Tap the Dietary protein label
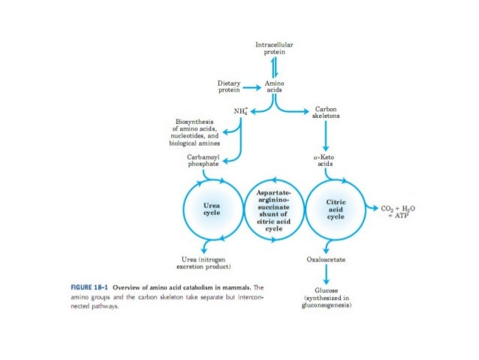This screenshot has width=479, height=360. tap(229, 86)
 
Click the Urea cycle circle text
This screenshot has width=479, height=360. tap(212, 207)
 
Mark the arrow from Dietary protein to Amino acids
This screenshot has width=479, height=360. tap(252, 86)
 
